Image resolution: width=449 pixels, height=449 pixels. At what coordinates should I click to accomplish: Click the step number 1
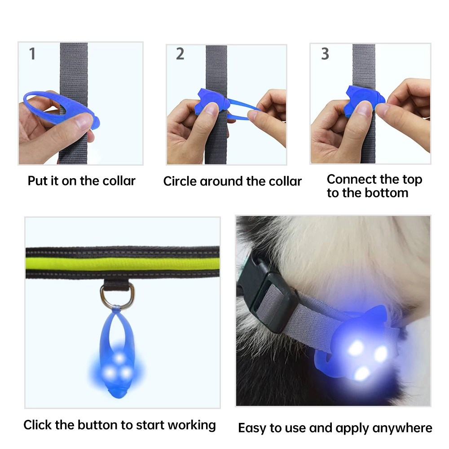coord(32,54)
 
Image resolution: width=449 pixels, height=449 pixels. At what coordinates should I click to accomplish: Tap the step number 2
coord(180,54)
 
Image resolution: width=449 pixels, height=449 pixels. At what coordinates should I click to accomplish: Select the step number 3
coord(325,54)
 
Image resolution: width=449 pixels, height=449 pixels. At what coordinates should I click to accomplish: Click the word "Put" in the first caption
coord(37,181)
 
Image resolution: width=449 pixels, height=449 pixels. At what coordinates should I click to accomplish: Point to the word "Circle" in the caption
coord(180,181)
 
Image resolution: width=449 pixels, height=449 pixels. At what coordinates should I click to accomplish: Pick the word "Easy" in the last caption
coord(252,428)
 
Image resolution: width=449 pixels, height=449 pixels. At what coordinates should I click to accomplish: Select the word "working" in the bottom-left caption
coord(192,425)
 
